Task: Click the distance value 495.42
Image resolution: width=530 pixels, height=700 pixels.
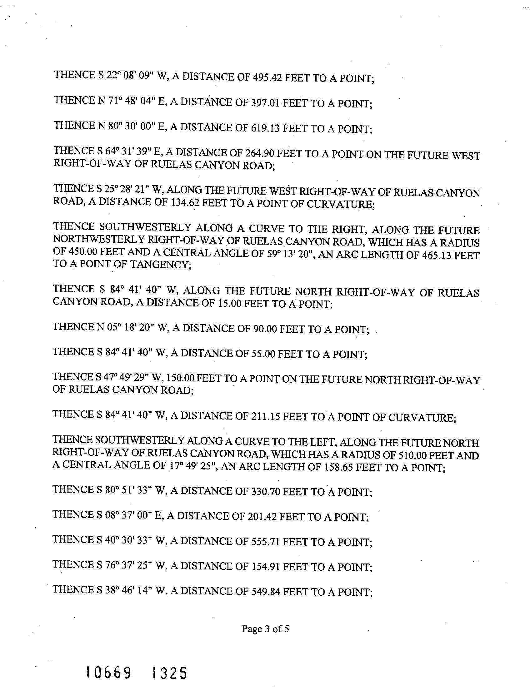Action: pyautogui.click(x=267, y=77)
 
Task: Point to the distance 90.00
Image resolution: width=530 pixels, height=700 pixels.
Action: pyautogui.click(x=265, y=329)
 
